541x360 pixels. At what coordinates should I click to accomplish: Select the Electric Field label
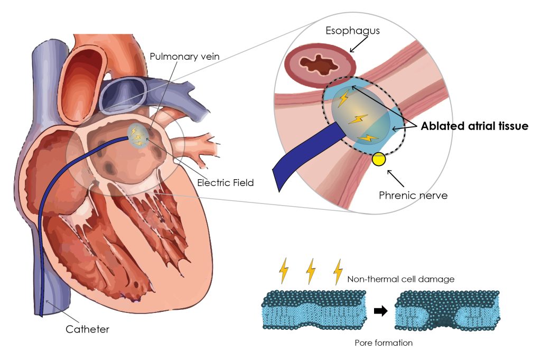point(226,183)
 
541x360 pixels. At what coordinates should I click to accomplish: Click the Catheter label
point(87,329)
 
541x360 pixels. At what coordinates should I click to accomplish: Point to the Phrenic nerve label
point(413,195)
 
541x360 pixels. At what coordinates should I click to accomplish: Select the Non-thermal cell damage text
point(401,279)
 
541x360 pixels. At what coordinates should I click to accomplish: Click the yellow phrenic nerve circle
point(379,159)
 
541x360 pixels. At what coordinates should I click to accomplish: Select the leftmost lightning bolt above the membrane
point(284,271)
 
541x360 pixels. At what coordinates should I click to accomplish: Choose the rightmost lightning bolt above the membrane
point(338,271)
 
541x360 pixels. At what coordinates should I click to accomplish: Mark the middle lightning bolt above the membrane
point(311,271)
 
